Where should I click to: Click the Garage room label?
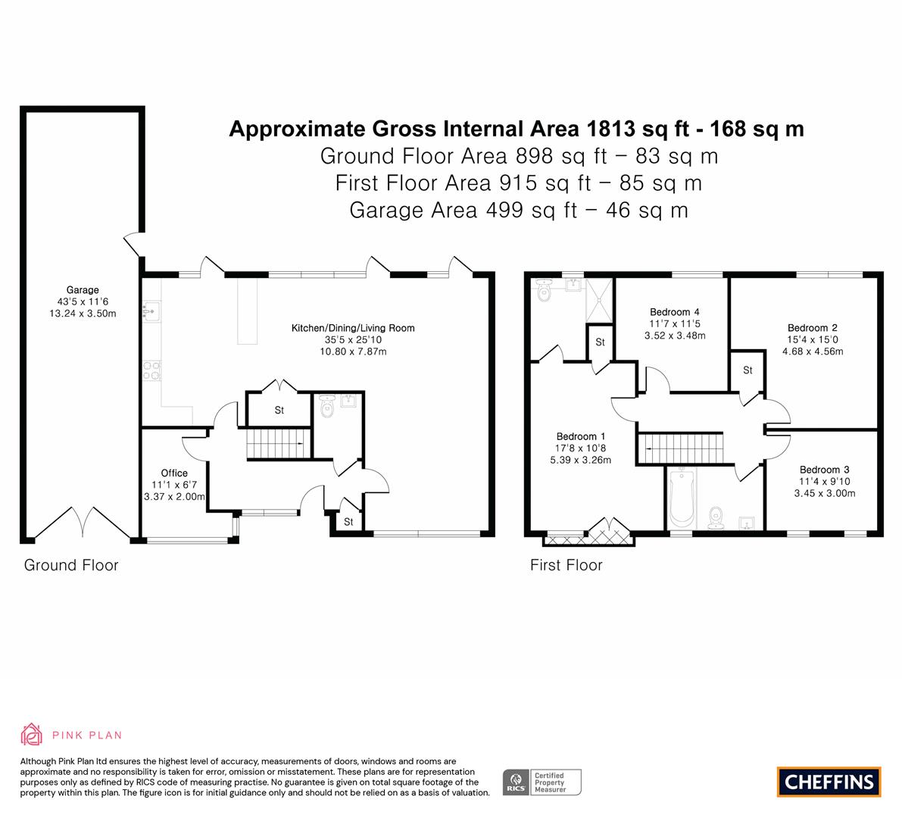pos(83,290)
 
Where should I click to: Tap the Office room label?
pos(174,473)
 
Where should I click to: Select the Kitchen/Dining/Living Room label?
pos(353,328)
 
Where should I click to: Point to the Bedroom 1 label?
pos(580,436)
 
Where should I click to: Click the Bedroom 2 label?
pos(813,328)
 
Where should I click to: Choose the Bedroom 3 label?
pos(824,470)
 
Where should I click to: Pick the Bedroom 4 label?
pos(674,312)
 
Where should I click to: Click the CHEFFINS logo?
pos(829,782)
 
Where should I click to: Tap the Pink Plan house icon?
pos(31,734)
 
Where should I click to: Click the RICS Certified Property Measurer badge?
pos(542,782)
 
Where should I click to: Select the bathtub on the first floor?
pos(682,498)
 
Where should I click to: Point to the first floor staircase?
pos(681,448)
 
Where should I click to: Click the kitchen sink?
pos(151,311)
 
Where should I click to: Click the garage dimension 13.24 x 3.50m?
pos(83,314)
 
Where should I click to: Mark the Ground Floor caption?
pos(71,565)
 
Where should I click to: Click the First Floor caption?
pos(566,565)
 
